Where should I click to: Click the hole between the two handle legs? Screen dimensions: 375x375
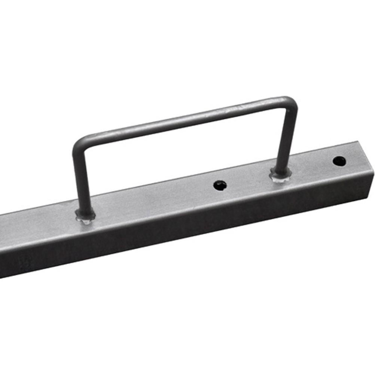[220, 185]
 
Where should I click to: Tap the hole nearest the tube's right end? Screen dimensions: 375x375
[339, 161]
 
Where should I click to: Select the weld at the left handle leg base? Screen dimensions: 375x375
[85, 216]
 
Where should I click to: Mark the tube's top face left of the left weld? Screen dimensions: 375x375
[37, 225]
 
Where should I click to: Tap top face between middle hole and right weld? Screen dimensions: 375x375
[251, 180]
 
